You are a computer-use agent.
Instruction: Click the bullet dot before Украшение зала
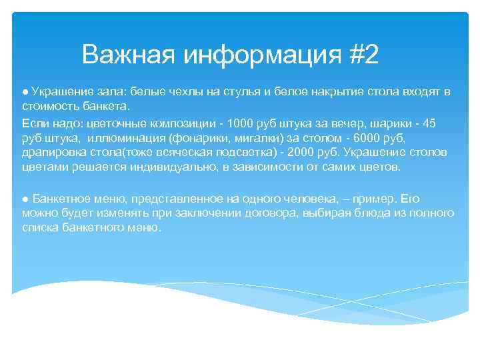click(x=24, y=91)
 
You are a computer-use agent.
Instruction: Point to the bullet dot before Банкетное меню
click(x=24, y=198)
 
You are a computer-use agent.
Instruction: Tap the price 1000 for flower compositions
click(x=241, y=125)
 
